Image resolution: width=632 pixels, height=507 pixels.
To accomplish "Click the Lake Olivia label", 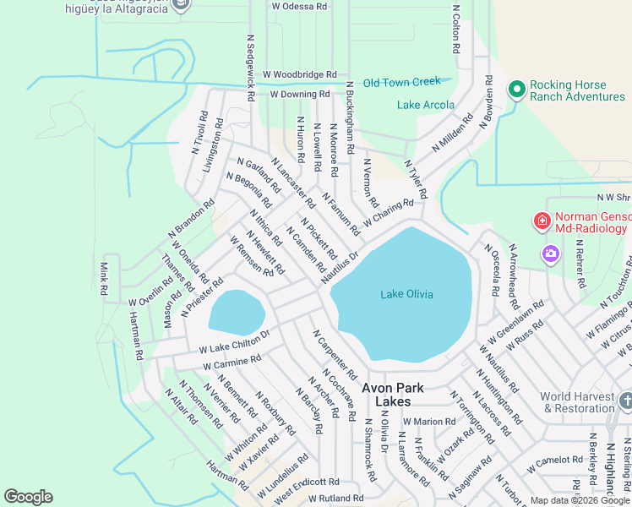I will click(406, 294).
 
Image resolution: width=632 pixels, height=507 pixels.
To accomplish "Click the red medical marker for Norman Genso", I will click(542, 221).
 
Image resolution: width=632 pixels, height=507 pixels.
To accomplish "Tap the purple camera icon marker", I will click(551, 253).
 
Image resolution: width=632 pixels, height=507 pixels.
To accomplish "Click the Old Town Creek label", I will click(402, 82).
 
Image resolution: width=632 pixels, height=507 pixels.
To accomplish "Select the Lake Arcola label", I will click(426, 106).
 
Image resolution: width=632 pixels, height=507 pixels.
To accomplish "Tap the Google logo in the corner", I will click(28, 497).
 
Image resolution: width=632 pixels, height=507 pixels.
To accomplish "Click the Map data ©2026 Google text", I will click(579, 500).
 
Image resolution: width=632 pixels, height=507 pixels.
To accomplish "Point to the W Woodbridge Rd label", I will click(299, 75).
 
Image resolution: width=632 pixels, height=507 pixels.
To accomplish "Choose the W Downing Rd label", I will click(299, 94).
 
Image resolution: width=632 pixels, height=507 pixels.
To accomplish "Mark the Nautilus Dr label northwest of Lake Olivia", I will click(341, 262).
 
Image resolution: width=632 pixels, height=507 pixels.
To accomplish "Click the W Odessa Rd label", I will click(299, 6).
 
